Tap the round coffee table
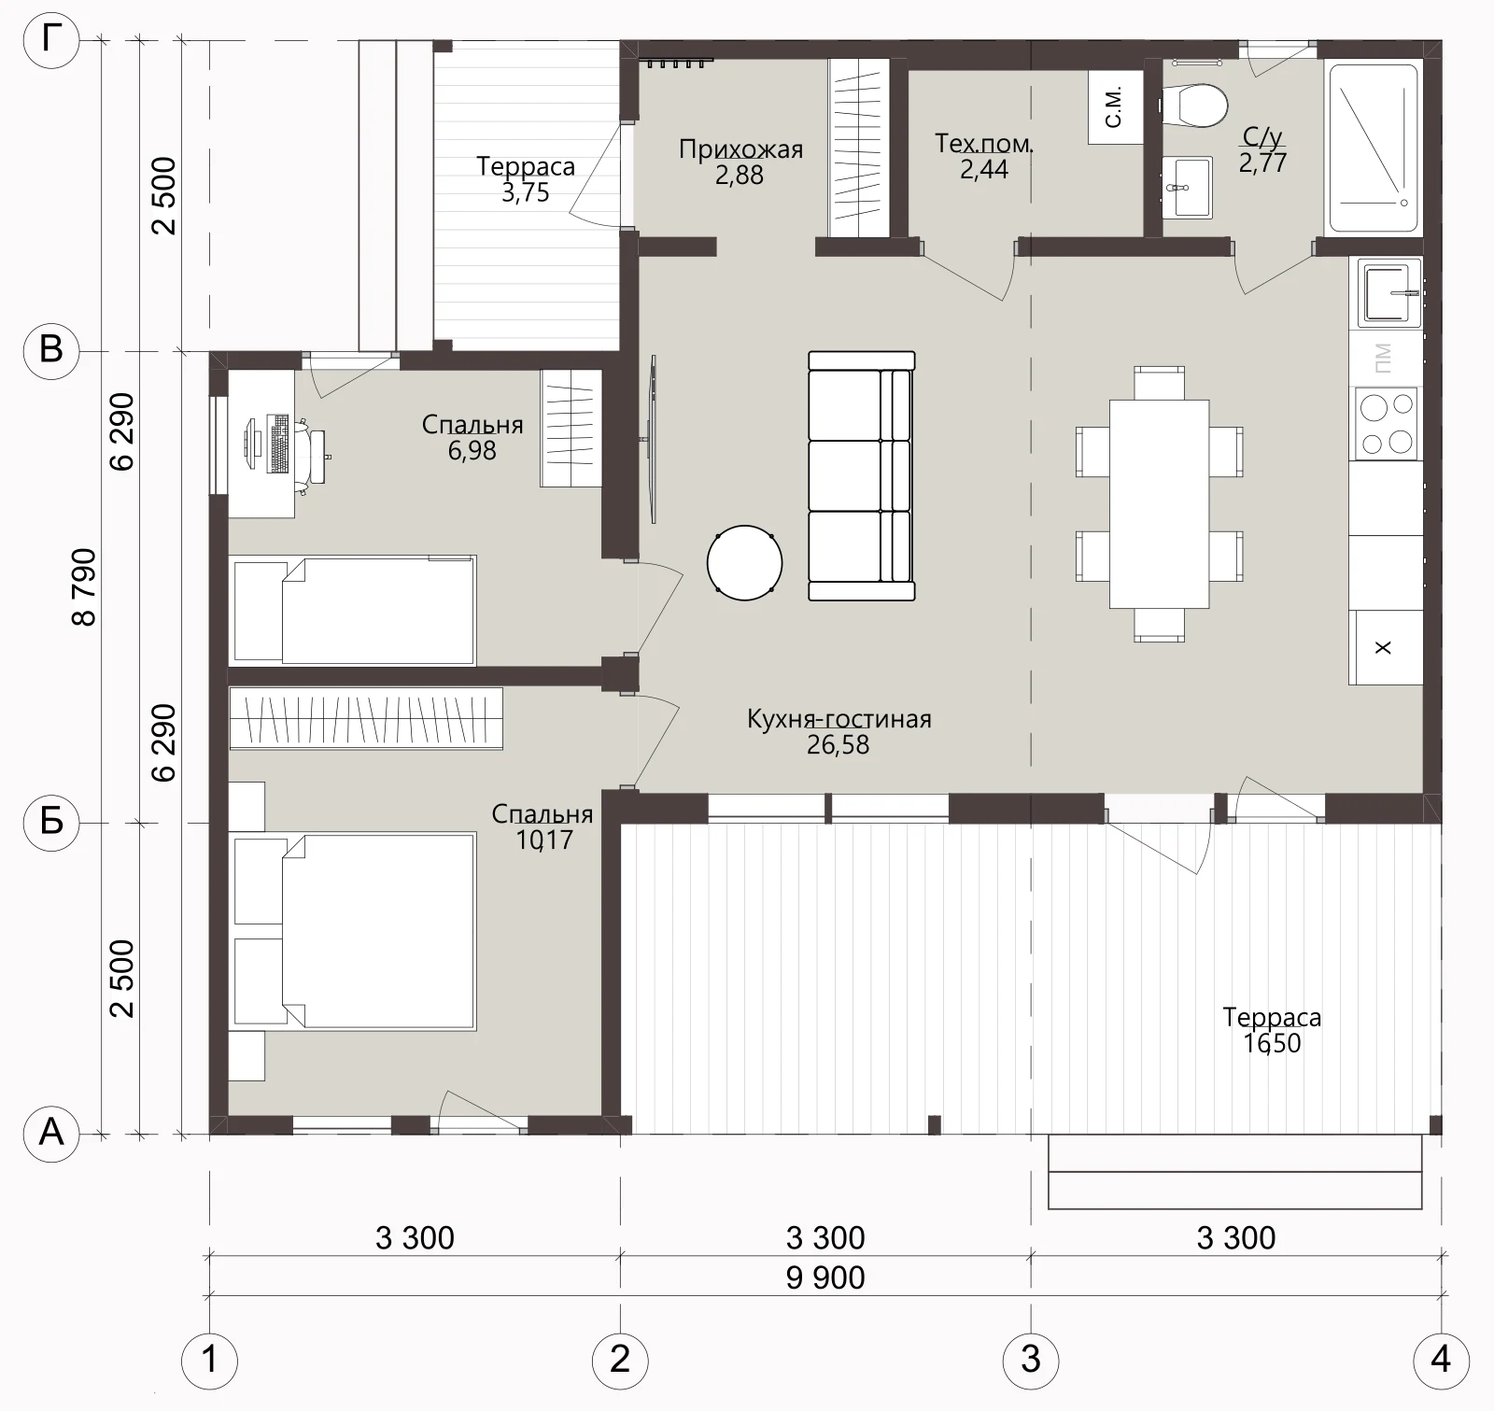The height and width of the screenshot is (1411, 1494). click(744, 562)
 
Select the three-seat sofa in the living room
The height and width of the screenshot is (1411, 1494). click(861, 475)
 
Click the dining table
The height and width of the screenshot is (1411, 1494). click(1159, 504)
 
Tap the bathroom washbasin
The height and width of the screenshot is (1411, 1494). click(1186, 187)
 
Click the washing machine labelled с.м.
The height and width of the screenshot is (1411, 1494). click(1116, 107)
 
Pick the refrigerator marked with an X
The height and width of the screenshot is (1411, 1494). click(1385, 647)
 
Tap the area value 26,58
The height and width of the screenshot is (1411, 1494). click(838, 745)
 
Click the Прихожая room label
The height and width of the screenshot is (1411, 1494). click(740, 149)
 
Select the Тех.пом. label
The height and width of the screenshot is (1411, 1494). click(984, 144)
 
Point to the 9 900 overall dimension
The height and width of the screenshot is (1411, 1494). click(825, 1277)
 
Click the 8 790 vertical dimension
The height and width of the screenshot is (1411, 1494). click(84, 586)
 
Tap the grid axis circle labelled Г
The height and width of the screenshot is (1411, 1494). click(51, 40)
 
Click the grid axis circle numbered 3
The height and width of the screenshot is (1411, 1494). click(1030, 1359)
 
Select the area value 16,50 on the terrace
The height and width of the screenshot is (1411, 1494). click(1272, 1042)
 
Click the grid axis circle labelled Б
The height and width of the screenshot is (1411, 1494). click(51, 823)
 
